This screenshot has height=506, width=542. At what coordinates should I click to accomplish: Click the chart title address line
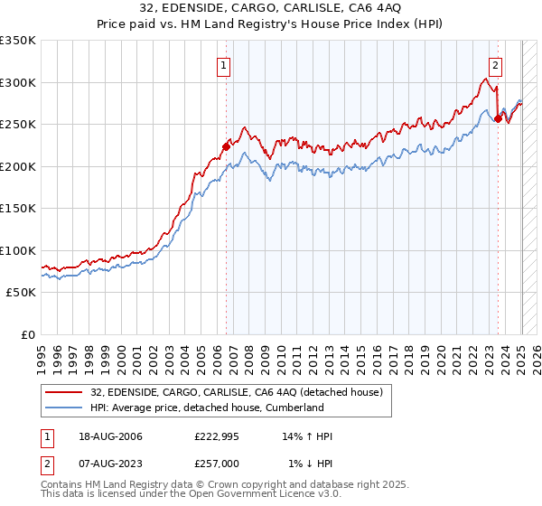(271, 8)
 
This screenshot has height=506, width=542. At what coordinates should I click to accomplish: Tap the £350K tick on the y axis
(18, 41)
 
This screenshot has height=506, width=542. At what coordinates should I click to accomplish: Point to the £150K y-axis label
(18, 209)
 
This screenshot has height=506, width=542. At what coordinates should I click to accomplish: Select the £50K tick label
(22, 293)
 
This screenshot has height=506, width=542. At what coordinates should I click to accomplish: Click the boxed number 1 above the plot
(223, 64)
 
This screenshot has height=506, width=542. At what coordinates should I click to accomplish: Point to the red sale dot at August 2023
(498, 118)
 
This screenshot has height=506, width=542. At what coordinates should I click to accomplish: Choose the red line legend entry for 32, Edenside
(237, 392)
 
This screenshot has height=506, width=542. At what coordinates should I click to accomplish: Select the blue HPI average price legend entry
(207, 408)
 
